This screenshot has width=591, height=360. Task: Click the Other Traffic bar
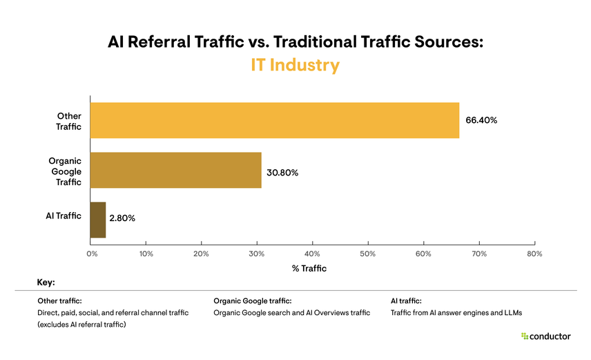[x=275, y=120]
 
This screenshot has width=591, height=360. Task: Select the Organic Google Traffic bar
[x=176, y=170]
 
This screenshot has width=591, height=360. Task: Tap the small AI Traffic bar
[x=98, y=220]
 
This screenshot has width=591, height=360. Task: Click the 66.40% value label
[x=481, y=120]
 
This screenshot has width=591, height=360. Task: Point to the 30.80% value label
[x=282, y=173]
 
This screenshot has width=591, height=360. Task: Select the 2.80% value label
[x=122, y=218]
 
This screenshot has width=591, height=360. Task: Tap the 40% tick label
[x=312, y=254]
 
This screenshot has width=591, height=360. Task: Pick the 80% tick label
[x=534, y=254]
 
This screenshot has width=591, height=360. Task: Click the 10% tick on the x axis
[x=146, y=254]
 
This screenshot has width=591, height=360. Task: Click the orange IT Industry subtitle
[x=295, y=66]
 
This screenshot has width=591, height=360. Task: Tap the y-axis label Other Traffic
[x=68, y=121]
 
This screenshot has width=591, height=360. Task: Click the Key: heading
[x=46, y=283]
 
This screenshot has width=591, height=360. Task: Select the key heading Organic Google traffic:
[x=253, y=301]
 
